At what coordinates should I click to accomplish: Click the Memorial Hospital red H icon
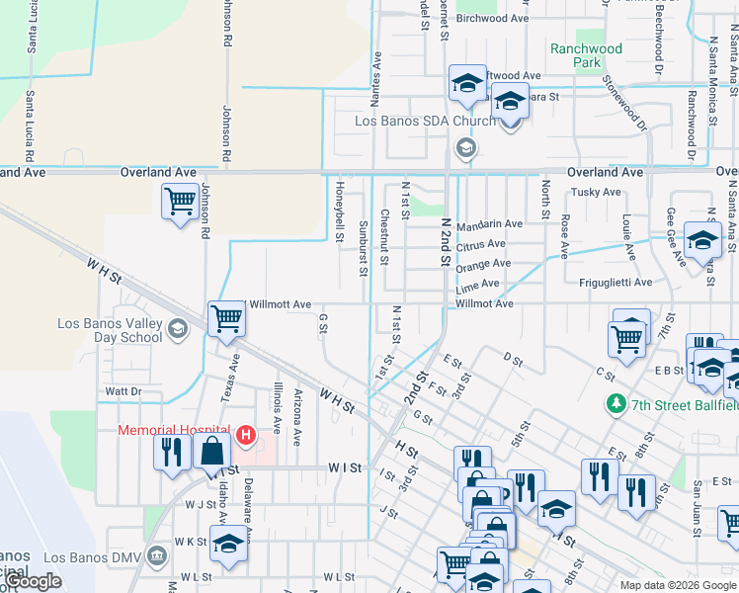(243, 433)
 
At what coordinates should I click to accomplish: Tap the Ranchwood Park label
(587, 55)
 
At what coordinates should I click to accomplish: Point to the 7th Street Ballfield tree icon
(616, 404)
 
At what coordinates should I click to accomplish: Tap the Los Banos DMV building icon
(156, 557)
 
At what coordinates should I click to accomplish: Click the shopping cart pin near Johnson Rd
(179, 203)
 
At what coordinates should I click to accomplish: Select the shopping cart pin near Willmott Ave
(226, 318)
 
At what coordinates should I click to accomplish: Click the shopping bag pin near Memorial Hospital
(212, 452)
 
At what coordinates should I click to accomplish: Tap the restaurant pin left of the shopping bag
(173, 452)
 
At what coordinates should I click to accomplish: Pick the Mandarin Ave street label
(490, 224)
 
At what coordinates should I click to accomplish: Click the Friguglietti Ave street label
(614, 283)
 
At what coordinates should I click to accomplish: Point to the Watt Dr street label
(123, 392)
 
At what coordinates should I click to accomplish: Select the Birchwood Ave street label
(493, 18)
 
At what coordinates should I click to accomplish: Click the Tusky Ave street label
(597, 192)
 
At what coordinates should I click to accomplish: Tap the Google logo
(34, 581)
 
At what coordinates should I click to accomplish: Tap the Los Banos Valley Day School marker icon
(178, 328)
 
